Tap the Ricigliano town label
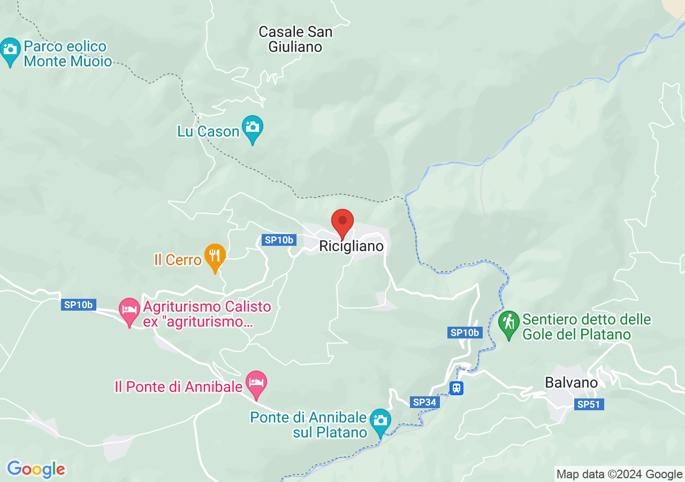pos(352,246)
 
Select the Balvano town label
pos(571,383)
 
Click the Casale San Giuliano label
pos(295,39)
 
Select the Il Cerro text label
pos(178,260)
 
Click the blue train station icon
pos(456,388)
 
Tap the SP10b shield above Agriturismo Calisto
pos(78,305)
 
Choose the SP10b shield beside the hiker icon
pos(465,333)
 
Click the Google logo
pos(36,469)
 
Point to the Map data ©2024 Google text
pos(619,474)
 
